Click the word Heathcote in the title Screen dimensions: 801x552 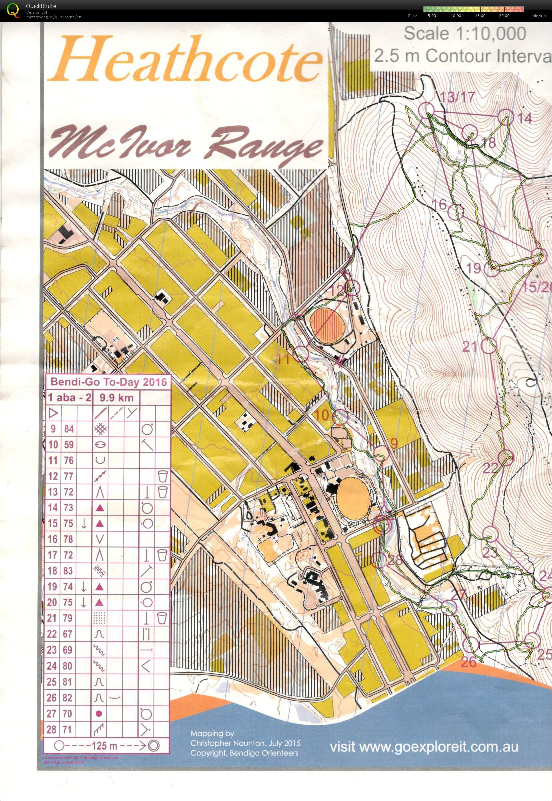pyautogui.click(x=185, y=62)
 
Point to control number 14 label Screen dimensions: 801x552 pyautogui.click(x=524, y=119)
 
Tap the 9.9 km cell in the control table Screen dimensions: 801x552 pyautogui.click(x=116, y=397)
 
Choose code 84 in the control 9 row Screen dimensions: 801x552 pyautogui.click(x=69, y=429)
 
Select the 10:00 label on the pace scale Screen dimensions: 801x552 pyautogui.click(x=456, y=16)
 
